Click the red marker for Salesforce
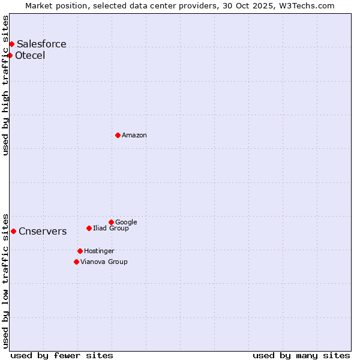coord(11,44)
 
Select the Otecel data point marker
coord(10,55)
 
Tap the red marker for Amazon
coord(118,135)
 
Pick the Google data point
coord(111,222)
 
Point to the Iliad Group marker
coord(89,228)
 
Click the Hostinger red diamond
coord(80,251)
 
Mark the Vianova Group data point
coord(76,262)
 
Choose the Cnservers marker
coord(13,231)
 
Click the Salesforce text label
coord(41,44)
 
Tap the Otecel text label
coord(30,56)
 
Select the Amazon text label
coord(134,136)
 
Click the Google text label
coord(126,222)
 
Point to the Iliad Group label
coord(111,228)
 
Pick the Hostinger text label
coord(99,251)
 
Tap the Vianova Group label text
coord(104,262)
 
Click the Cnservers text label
coord(43,232)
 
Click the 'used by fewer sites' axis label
coord(62,355)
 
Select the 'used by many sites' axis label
coord(301,355)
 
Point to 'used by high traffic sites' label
coord(5,85)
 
